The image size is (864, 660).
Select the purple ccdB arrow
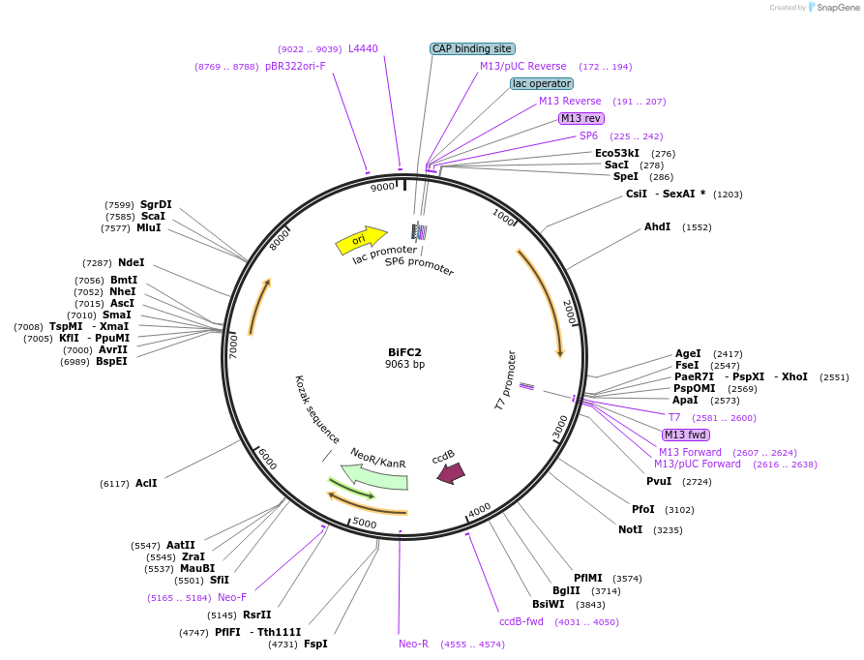click(451, 472)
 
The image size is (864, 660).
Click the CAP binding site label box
click(472, 48)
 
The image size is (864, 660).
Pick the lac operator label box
click(542, 83)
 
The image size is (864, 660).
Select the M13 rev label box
click(581, 118)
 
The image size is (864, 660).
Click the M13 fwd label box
click(686, 435)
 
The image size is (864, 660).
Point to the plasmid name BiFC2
click(404, 351)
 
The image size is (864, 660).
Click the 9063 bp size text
click(404, 365)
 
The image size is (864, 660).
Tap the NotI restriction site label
click(630, 529)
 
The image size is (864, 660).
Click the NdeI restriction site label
click(131, 262)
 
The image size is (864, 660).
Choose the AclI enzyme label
click(146, 483)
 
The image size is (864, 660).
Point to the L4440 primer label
click(363, 48)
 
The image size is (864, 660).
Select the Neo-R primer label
click(413, 644)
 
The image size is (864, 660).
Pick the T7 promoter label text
click(505, 380)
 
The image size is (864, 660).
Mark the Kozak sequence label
click(316, 408)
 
